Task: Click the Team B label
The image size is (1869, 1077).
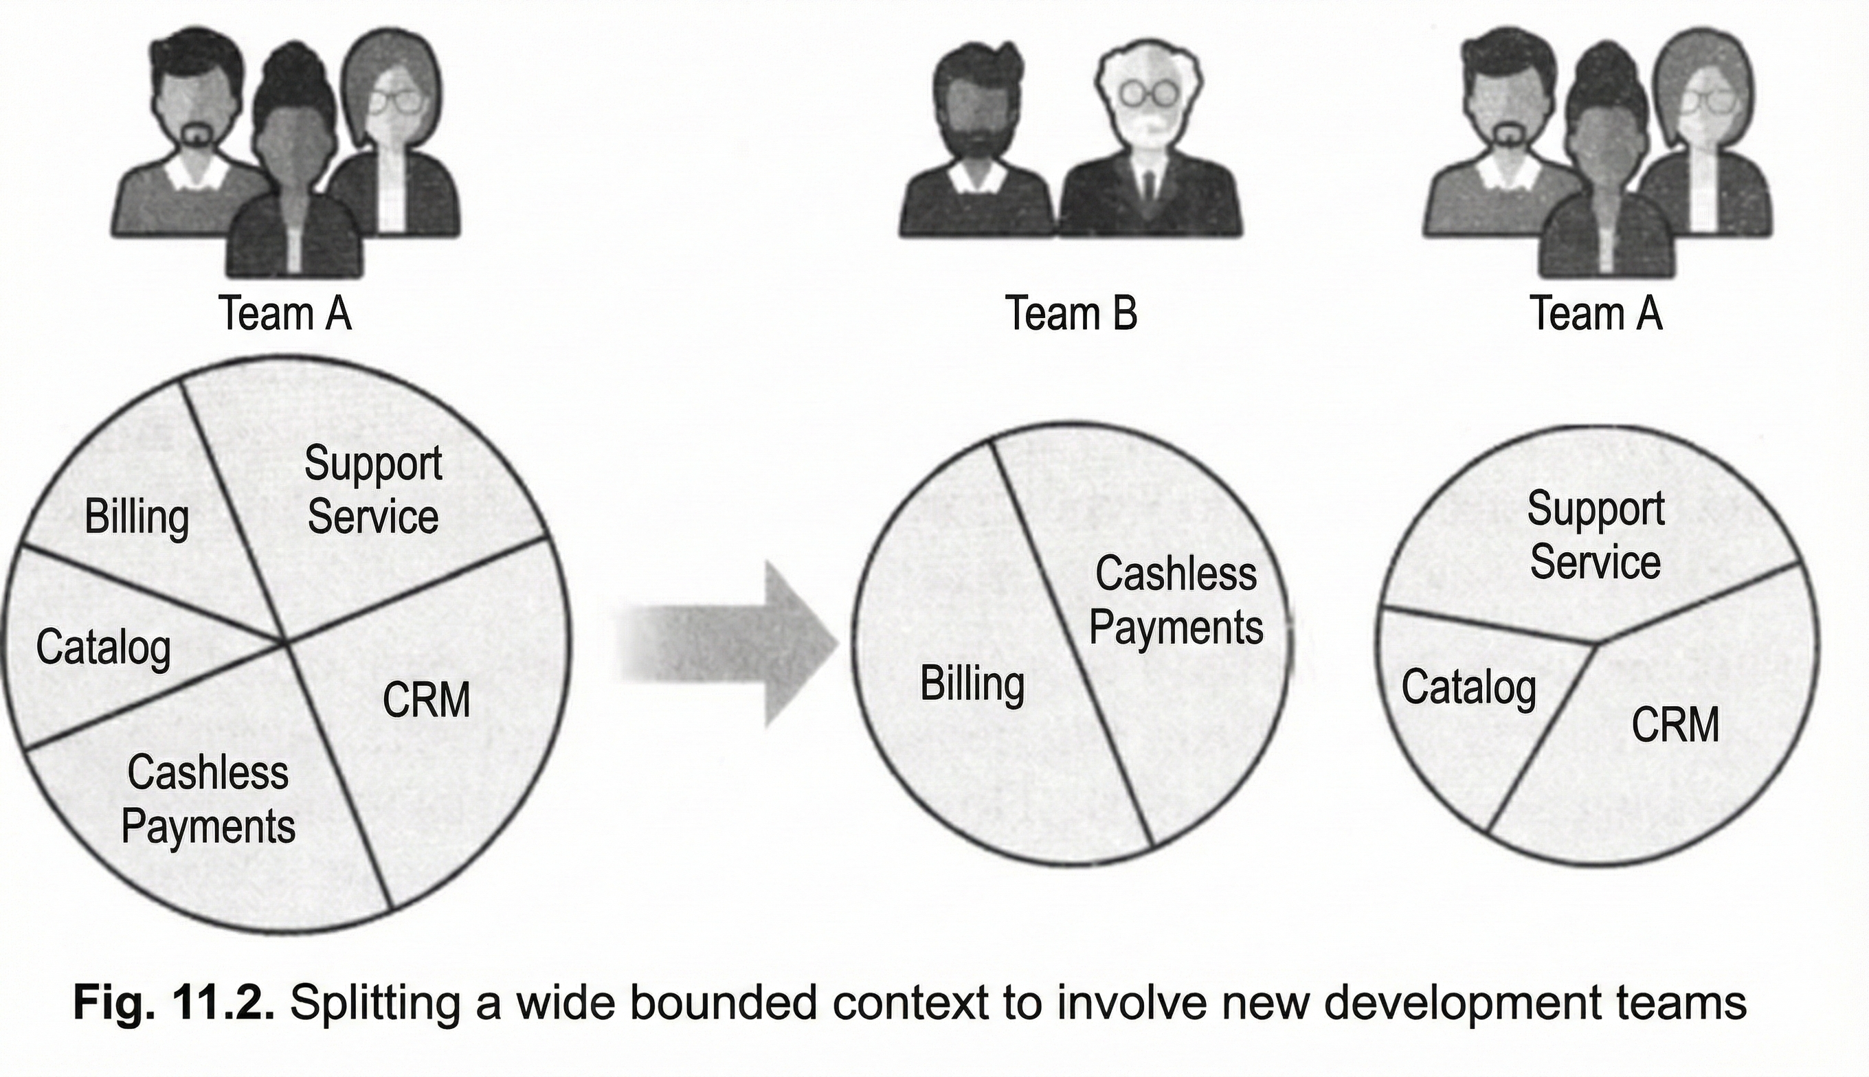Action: click(1070, 313)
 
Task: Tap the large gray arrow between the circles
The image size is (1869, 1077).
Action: click(729, 644)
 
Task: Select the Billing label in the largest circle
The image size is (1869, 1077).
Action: click(137, 517)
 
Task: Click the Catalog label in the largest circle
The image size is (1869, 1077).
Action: click(103, 648)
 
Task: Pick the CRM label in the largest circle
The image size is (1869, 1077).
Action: click(426, 700)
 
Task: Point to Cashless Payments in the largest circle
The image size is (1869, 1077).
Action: click(208, 800)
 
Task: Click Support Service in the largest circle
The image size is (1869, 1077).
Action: click(373, 490)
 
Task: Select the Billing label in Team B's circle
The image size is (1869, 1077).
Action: click(972, 683)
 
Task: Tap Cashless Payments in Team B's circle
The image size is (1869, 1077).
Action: click(1176, 600)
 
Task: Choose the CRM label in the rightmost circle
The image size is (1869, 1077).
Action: click(1675, 724)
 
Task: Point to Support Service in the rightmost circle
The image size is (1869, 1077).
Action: click(1596, 536)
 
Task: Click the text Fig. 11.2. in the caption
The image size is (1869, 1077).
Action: click(174, 1003)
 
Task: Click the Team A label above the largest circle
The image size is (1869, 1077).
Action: click(285, 313)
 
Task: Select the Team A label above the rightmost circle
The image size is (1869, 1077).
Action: click(1596, 313)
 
